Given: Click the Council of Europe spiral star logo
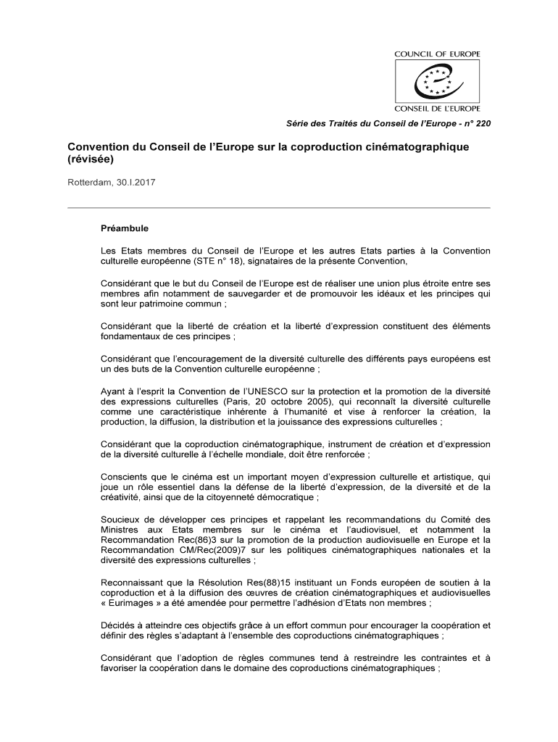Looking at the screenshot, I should [436, 81].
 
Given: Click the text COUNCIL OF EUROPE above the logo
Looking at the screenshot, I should [437, 54].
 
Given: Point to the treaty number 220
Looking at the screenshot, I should [483, 124].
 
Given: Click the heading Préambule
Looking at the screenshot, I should [125, 228].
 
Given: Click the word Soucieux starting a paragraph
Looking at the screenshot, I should [122, 519].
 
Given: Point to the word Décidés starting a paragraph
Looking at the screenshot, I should [118, 625].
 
